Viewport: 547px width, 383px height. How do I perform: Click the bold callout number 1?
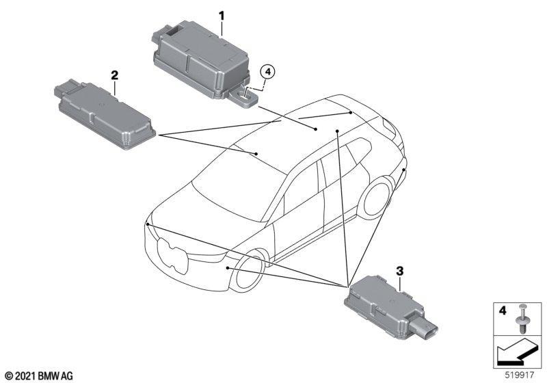[222, 16]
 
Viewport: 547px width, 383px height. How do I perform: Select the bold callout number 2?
[114, 75]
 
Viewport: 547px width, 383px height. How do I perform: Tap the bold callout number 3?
[400, 270]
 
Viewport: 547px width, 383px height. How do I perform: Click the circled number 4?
[267, 72]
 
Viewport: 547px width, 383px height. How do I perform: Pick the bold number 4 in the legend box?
[503, 310]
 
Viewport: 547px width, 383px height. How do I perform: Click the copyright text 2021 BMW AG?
[40, 375]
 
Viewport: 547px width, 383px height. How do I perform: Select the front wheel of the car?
[248, 271]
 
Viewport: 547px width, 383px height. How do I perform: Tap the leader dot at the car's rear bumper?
[403, 170]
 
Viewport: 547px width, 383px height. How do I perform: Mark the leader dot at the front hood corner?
[148, 224]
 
